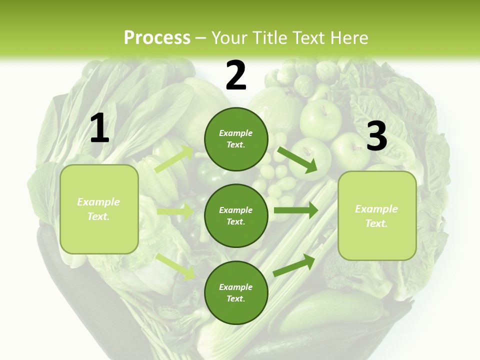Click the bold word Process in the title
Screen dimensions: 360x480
point(157,37)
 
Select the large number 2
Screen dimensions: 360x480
point(236,75)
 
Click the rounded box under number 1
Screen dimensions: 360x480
point(99,209)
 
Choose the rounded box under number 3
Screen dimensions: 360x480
point(377,215)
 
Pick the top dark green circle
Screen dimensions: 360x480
point(236,139)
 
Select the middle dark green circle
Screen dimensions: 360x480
point(236,215)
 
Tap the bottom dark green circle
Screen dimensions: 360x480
point(236,292)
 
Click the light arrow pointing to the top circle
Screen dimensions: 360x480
point(174,159)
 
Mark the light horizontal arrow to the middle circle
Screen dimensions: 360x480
point(175,211)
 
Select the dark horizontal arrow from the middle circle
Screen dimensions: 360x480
point(295,210)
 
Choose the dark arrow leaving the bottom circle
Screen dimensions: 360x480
point(294,264)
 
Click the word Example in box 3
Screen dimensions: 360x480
point(376,209)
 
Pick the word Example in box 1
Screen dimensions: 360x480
point(98,202)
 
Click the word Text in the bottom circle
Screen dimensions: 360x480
point(235,298)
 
